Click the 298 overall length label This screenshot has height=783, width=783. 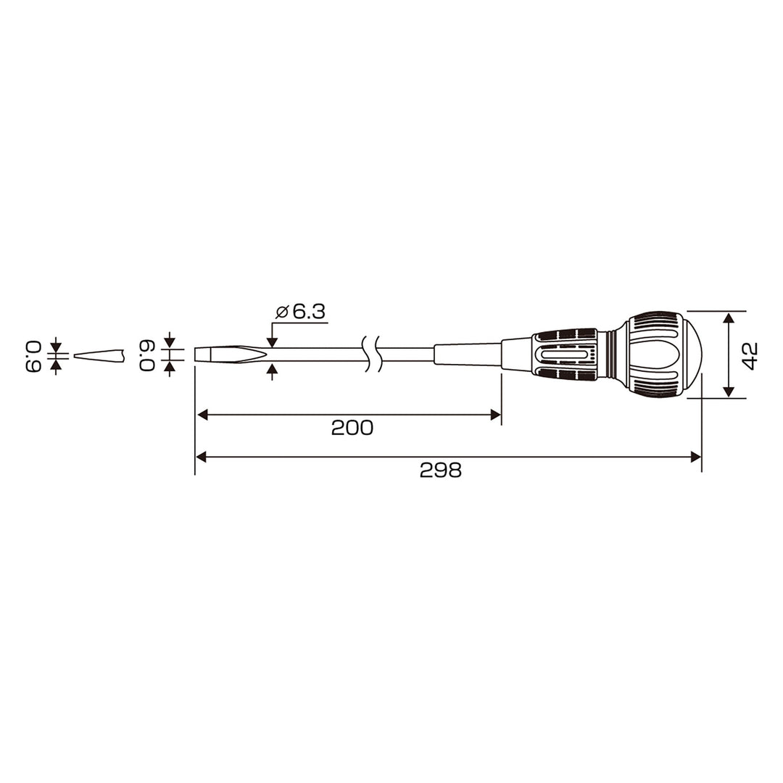click(441, 470)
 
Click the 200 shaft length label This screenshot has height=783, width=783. click(352, 428)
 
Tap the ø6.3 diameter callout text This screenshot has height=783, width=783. click(301, 312)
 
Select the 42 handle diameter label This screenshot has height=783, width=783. click(750, 355)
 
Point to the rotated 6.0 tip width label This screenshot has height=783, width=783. click(147, 355)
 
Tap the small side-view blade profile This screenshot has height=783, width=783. click(99, 355)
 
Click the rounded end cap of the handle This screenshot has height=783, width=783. click(692, 355)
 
